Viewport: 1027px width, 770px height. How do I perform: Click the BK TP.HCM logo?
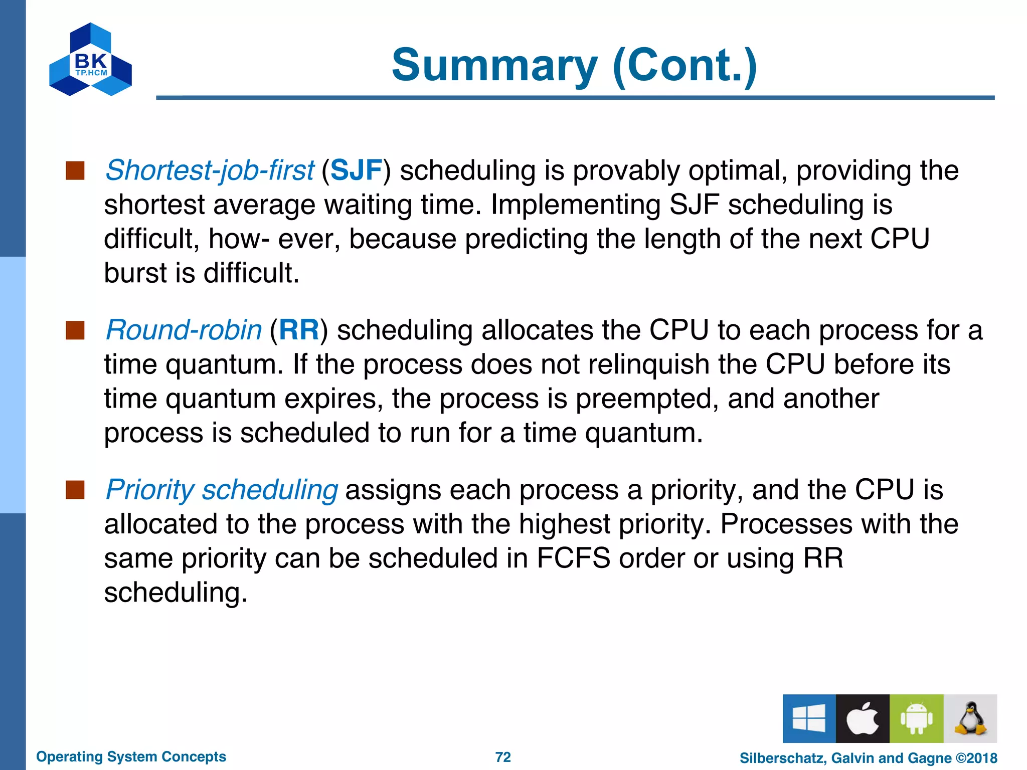pyautogui.click(x=91, y=60)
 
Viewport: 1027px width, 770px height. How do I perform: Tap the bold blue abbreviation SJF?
pyautogui.click(x=357, y=170)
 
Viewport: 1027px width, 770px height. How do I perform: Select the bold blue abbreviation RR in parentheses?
pyautogui.click(x=299, y=330)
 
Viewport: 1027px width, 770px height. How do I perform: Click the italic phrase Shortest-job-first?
pyautogui.click(x=210, y=170)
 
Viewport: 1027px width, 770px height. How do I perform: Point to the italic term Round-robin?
pyautogui.click(x=184, y=330)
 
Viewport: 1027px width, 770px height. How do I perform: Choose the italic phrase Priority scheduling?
pyautogui.click(x=222, y=490)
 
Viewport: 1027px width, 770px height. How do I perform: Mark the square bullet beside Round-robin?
pyautogui.click(x=75, y=331)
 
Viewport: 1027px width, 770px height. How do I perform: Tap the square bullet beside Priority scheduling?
pyautogui.click(x=75, y=490)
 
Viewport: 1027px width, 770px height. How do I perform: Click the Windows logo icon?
pyautogui.click(x=809, y=718)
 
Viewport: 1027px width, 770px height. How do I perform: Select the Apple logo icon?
pyautogui.click(x=863, y=718)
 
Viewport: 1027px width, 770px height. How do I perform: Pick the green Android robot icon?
pyautogui.click(x=916, y=718)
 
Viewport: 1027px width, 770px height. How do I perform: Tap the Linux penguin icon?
pyautogui.click(x=970, y=718)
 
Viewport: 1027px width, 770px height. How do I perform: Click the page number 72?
pyautogui.click(x=503, y=757)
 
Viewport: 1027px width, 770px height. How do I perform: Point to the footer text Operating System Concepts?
pyautogui.click(x=131, y=757)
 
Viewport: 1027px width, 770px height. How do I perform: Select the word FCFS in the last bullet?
pyautogui.click(x=573, y=558)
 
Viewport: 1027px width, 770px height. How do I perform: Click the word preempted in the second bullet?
pyautogui.click(x=647, y=400)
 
